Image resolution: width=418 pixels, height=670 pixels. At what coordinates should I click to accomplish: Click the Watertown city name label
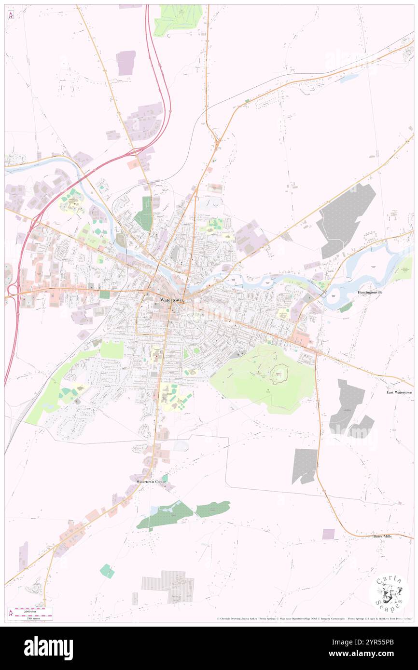(x=167, y=299)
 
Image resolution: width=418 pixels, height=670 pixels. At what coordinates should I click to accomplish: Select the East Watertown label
(x=399, y=392)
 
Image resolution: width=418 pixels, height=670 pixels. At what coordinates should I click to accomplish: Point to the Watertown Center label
(x=151, y=482)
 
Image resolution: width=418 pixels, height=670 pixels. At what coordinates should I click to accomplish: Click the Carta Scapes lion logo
(x=389, y=593)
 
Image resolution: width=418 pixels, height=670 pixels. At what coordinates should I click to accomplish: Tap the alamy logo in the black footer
(x=48, y=648)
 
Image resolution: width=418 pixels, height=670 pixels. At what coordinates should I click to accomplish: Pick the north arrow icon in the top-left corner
(x=11, y=15)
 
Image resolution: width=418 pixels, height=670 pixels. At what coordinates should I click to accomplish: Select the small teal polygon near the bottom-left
(x=107, y=571)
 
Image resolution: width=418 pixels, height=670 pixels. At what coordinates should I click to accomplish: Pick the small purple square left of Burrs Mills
(x=328, y=534)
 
